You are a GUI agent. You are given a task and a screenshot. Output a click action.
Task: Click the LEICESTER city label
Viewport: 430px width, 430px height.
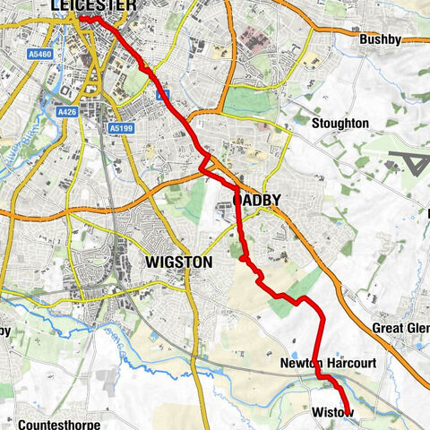pos(93,6)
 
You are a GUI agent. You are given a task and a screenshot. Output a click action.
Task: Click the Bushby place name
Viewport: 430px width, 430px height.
pos(379,40)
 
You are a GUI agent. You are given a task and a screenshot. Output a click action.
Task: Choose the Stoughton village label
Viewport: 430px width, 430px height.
pos(340,123)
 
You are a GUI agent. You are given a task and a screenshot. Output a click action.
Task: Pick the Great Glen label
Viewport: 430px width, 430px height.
pos(400,328)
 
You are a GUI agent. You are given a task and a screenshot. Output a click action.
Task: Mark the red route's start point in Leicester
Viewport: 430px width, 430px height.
pos(82,17)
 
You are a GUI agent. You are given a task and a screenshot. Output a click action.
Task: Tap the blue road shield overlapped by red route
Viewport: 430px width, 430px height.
pos(161,93)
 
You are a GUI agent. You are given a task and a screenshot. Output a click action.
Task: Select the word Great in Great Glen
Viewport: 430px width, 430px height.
pos(389,328)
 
